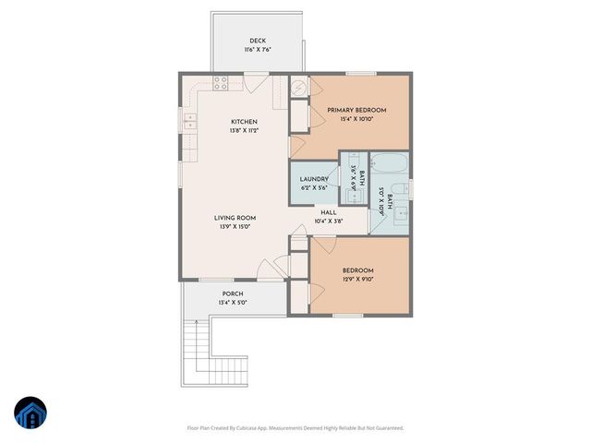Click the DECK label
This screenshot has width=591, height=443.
[x=258, y=40]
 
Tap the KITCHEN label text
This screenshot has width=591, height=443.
[x=244, y=122]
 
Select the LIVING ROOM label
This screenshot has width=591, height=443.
[x=237, y=218]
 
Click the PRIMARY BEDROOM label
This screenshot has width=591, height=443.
[x=356, y=110]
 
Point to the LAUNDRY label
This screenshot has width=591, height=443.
[x=314, y=179]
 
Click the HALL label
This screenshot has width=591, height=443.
[x=328, y=211]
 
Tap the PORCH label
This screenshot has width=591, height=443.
[x=232, y=293]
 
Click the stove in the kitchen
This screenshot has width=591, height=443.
[x=222, y=82]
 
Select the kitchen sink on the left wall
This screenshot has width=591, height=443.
[x=189, y=119]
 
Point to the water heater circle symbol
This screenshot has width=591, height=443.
[x=298, y=87]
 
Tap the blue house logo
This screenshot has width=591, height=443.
[x=30, y=413]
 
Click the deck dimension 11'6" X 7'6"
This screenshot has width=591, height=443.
[x=258, y=50]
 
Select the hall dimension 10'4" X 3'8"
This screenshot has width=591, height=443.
[x=328, y=221]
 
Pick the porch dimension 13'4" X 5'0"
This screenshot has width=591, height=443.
[x=232, y=302]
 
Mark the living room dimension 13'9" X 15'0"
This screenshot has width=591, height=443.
[x=237, y=227]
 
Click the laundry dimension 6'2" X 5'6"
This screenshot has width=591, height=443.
[x=314, y=188]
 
